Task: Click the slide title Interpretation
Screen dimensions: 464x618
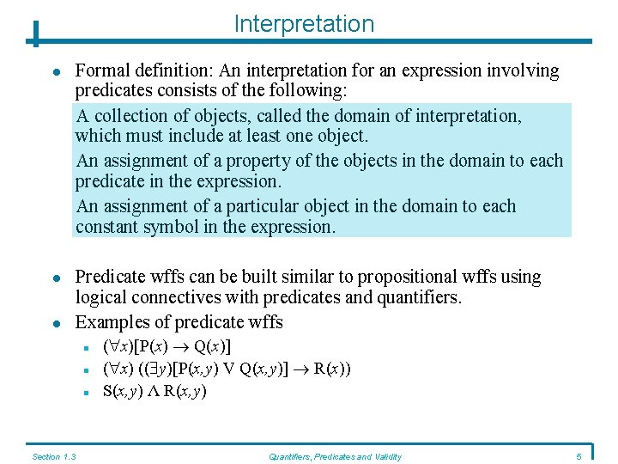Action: click(x=304, y=24)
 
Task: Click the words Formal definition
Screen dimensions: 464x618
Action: click(x=136, y=70)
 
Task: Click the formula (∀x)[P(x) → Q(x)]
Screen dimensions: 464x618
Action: click(x=167, y=346)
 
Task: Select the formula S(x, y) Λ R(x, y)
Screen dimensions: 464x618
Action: click(x=155, y=391)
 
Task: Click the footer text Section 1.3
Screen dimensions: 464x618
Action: click(x=53, y=456)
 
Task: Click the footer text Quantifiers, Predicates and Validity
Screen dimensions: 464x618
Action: click(x=335, y=456)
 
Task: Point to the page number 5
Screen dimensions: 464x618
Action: click(x=579, y=456)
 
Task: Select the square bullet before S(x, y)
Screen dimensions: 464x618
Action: click(x=88, y=393)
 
